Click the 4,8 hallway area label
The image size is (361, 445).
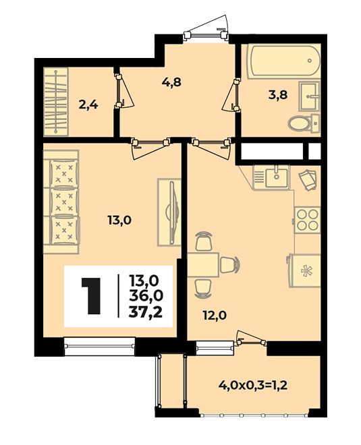[171, 82]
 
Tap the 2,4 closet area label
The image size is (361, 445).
[88, 105]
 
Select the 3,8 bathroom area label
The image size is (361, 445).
[278, 95]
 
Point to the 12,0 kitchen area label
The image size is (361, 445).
[215, 316]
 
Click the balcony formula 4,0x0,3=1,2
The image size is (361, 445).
[253, 386]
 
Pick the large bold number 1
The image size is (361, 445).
[92, 296]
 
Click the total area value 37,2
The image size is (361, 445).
[146, 312]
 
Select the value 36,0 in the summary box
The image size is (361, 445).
[146, 296]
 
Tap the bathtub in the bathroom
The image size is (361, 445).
[284, 61]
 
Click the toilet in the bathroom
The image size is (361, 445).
[304, 124]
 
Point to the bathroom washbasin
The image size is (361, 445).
[309, 96]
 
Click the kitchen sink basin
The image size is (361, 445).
[276, 177]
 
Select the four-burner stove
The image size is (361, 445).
[307, 220]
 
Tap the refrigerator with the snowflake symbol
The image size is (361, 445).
[304, 270]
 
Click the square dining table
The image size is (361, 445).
[203, 265]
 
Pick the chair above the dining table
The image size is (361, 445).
[204, 241]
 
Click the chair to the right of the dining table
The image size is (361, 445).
[230, 265]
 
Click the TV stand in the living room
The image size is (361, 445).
[169, 212]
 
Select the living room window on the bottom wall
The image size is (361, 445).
[99, 346]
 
